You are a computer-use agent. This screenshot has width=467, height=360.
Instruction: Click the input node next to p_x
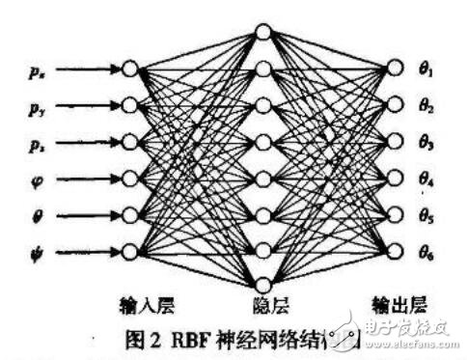tap(129, 69)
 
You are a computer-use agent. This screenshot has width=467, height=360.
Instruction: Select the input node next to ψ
tap(129, 252)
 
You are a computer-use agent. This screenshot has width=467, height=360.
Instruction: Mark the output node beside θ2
tap(394, 105)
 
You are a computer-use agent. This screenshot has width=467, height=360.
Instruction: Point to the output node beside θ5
tap(394, 215)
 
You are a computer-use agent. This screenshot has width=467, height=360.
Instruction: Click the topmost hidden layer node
tap(262, 33)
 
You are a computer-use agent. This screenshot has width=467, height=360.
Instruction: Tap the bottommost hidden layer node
tap(262, 284)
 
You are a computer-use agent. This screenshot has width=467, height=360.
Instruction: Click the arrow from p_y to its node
tap(87, 105)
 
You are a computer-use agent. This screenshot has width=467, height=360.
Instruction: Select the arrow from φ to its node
tap(87, 179)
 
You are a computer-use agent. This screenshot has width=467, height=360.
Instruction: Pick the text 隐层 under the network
tap(262, 304)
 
